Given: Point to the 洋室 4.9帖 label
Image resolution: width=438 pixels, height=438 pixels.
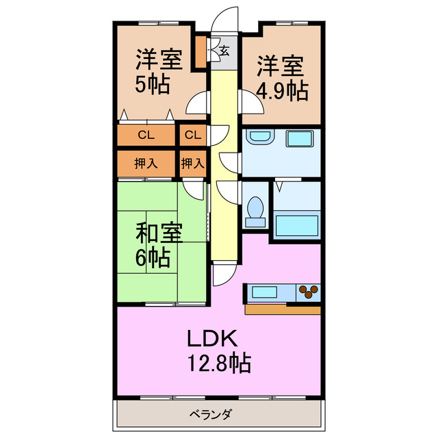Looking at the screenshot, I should [281, 78].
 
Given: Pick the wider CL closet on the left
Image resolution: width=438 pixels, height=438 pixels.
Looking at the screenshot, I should [146, 135].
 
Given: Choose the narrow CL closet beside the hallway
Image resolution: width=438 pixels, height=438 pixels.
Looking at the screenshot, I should [193, 135].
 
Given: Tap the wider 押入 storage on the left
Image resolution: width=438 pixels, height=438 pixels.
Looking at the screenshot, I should [146, 164].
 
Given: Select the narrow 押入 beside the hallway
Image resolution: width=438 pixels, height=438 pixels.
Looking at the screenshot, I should [193, 164].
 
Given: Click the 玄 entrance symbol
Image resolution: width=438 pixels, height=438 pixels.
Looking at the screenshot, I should [224, 49].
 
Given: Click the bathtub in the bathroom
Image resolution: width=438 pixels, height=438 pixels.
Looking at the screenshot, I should [296, 226].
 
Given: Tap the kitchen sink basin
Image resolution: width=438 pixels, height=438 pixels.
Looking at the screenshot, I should [263, 292].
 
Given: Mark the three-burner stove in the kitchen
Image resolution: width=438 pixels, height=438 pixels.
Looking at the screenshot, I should [307, 292].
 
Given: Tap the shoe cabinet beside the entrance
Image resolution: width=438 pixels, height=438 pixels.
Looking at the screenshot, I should [201, 53].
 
